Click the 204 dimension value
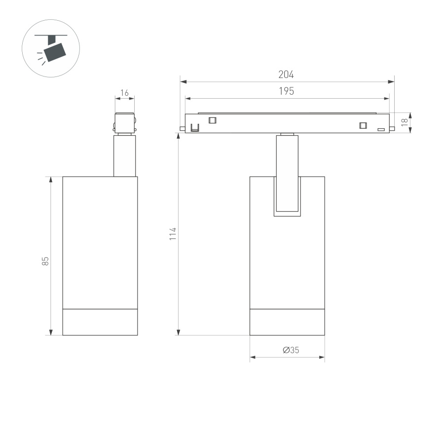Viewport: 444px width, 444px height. (286, 75)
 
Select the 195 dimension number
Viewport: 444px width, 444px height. (286, 91)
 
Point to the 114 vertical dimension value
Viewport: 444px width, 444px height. (172, 233)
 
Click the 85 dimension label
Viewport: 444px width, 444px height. (45, 261)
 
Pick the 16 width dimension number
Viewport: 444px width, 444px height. (124, 93)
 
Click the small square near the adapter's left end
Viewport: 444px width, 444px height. (213, 120)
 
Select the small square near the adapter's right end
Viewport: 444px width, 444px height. (363, 125)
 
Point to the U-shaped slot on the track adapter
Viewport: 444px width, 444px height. (195, 128)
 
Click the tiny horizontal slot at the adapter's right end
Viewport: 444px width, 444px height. (381, 130)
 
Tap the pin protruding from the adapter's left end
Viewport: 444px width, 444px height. (183, 129)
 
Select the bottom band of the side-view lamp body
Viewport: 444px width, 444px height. (100, 322)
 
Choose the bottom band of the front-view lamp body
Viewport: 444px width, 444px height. (287, 322)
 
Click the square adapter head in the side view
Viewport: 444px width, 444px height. (124, 122)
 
